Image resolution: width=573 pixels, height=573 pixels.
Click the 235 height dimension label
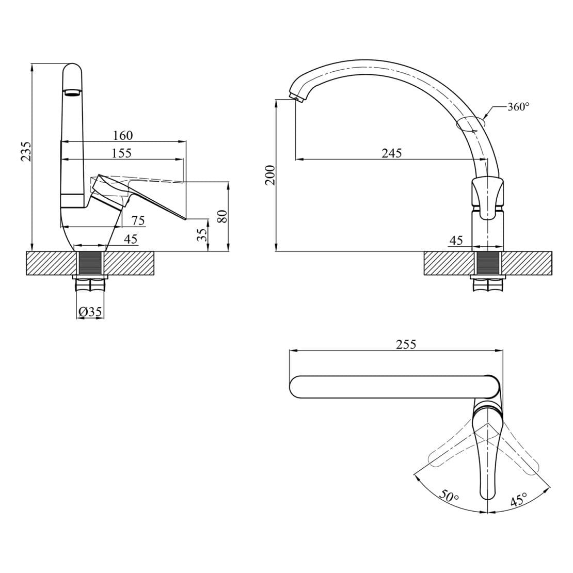pos(26,151)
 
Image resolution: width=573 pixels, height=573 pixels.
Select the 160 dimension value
pos(123,136)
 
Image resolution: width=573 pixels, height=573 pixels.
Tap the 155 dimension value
pos(121,153)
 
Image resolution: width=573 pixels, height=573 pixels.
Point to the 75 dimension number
pos(138,220)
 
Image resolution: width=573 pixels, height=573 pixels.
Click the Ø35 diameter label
pos(90,312)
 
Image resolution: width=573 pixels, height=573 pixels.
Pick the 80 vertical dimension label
pos(222,216)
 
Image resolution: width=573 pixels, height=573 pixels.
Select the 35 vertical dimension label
pos(202,234)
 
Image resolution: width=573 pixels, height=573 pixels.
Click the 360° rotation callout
pos(518,107)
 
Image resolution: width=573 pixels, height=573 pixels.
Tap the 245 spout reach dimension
pos(392,153)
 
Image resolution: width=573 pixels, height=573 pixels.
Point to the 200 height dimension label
pos(270,175)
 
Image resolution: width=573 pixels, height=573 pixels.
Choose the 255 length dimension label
pos(406,344)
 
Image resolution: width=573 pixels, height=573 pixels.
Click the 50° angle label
pos(449,496)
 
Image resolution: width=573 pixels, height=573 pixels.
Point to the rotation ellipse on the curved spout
pos(471,124)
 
